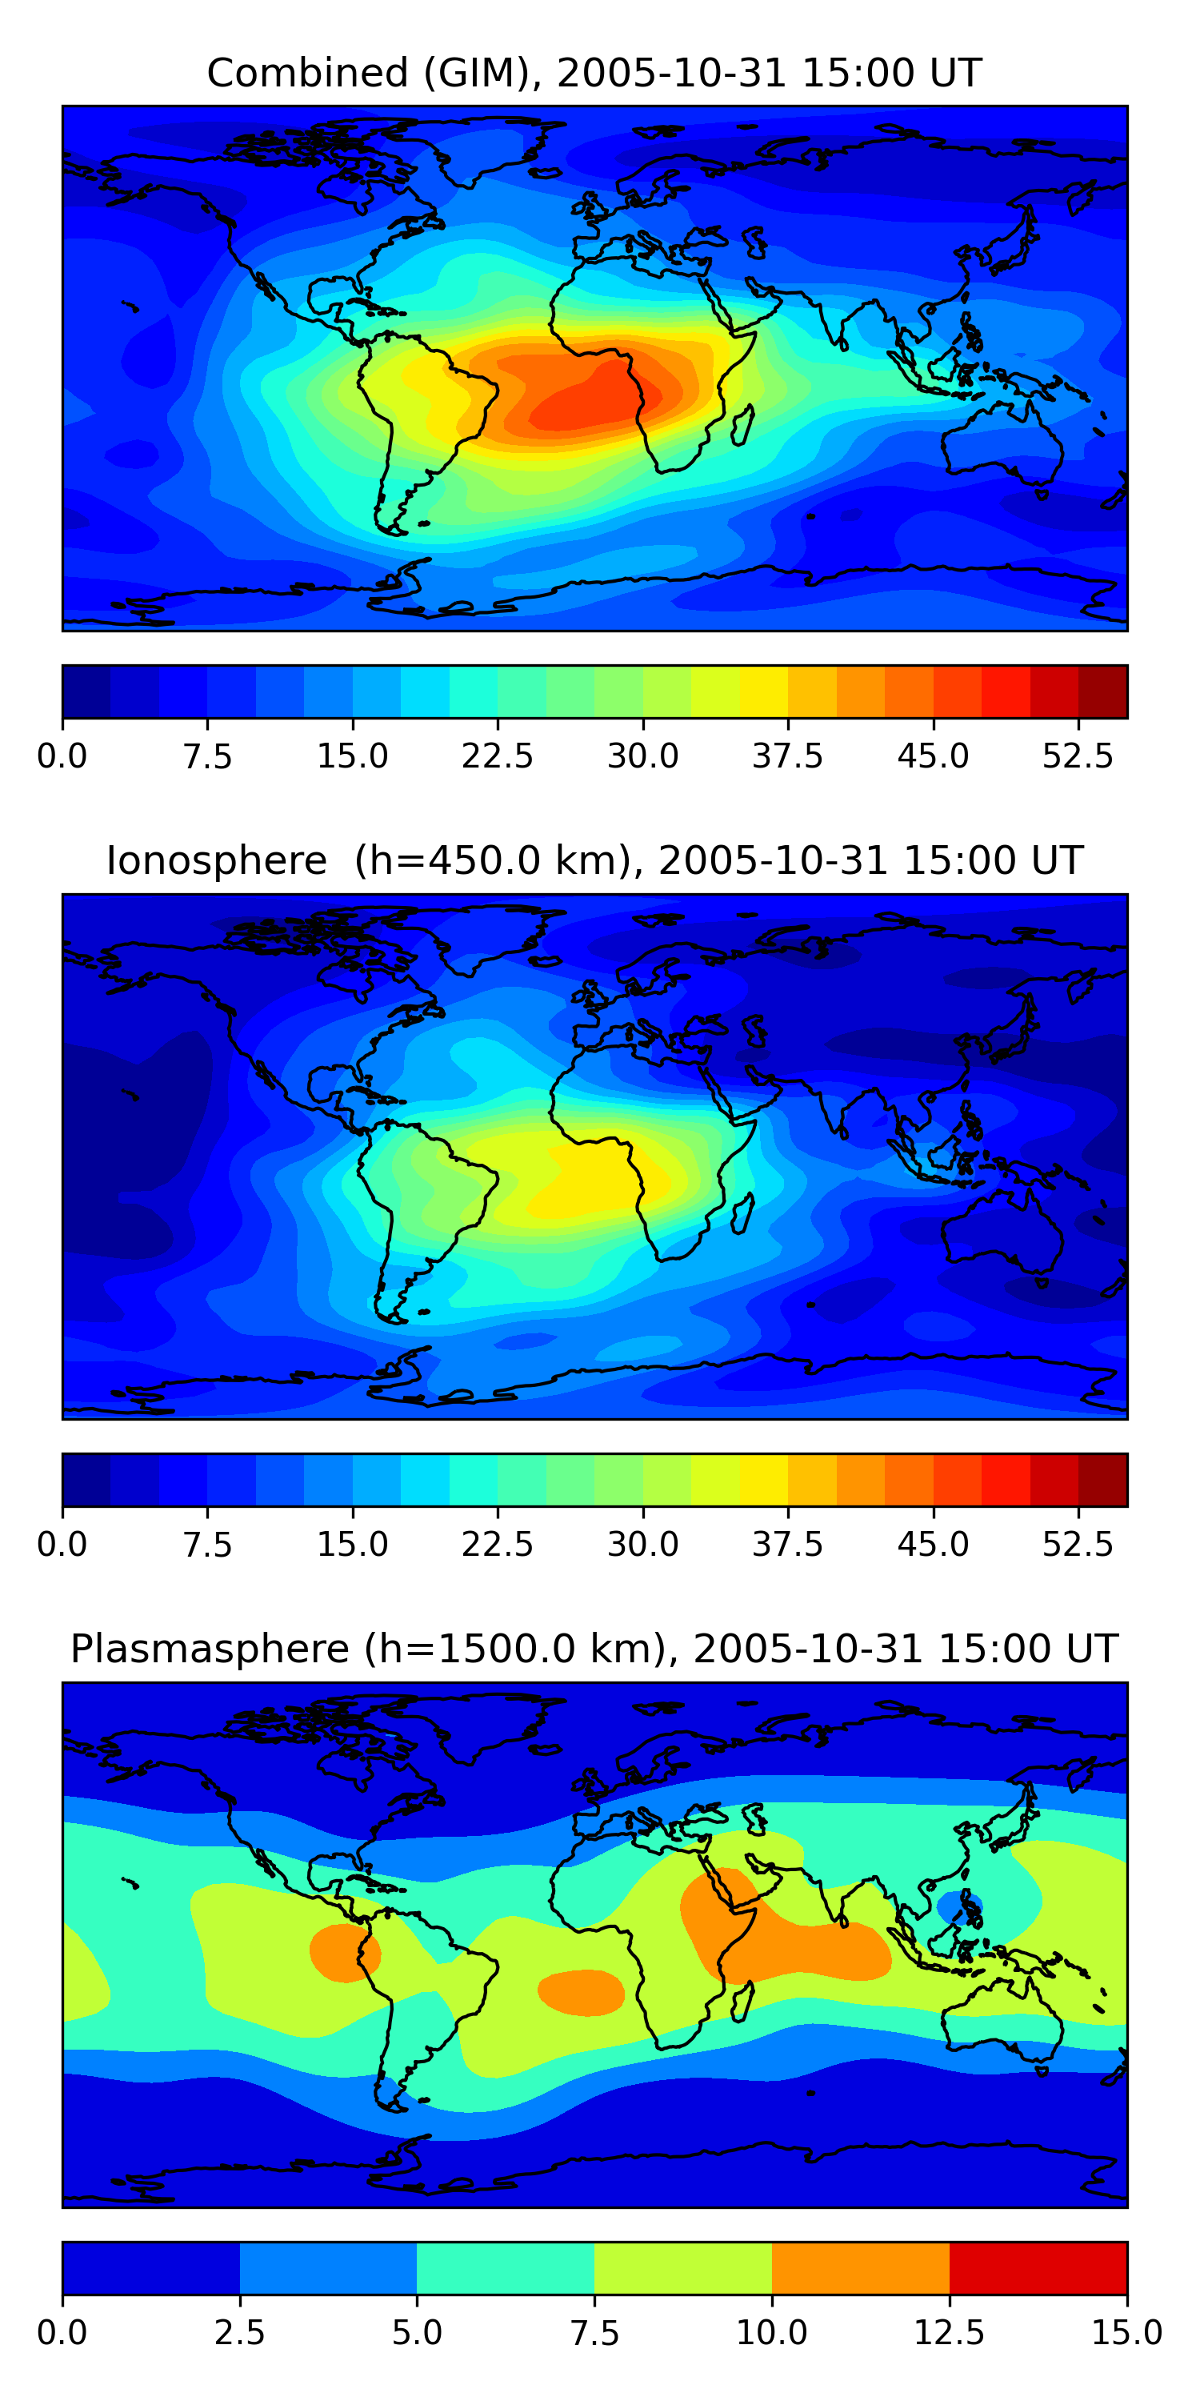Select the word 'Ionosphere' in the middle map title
pos(216,861)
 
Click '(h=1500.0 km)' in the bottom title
pos(516,1649)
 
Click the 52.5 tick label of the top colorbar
pos(1077,756)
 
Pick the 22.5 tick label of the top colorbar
pos(498,756)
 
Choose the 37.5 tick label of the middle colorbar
pos(787,1545)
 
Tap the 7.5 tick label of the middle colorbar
pos(207,1545)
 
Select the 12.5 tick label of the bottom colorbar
pos(949,2333)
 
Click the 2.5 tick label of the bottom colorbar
pos(239,2333)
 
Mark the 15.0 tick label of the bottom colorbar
pos(1126,2333)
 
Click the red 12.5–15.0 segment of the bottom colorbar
pos(1038,2267)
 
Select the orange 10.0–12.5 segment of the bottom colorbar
pos(860,2267)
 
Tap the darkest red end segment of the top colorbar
pos(1102,691)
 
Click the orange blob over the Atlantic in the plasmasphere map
pos(581,1992)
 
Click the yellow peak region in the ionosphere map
pos(596,1184)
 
